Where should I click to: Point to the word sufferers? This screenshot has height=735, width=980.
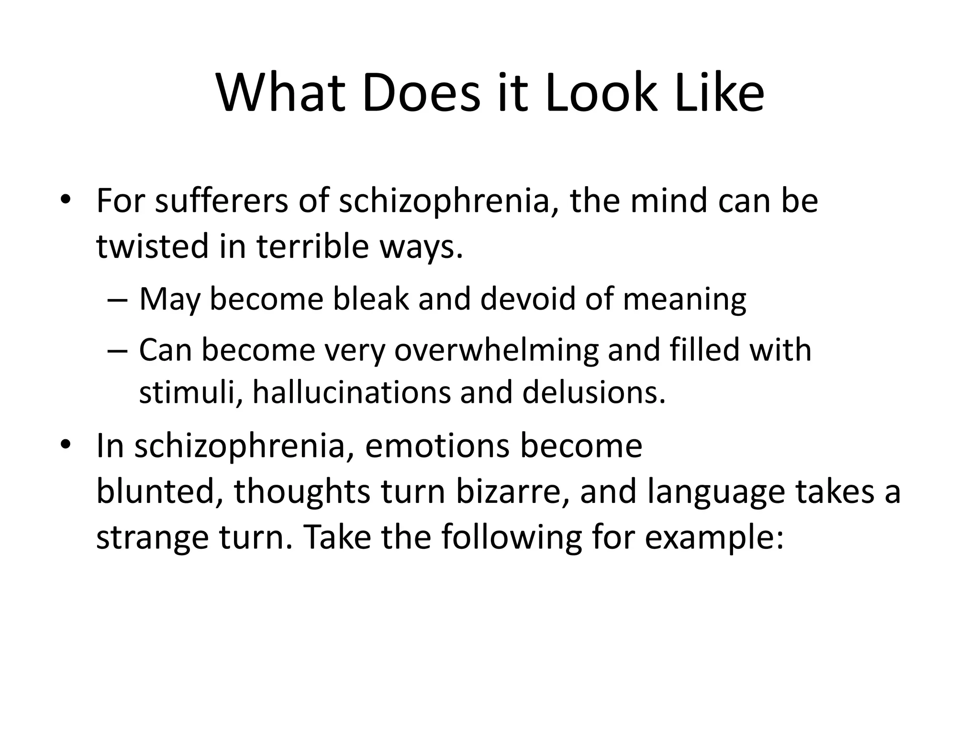point(221,201)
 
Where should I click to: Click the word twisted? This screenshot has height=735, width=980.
point(153,246)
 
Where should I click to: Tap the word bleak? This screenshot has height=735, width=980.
point(371,300)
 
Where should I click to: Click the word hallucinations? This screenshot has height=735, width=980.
point(351,392)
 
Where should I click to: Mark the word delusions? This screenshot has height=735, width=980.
point(594,392)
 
